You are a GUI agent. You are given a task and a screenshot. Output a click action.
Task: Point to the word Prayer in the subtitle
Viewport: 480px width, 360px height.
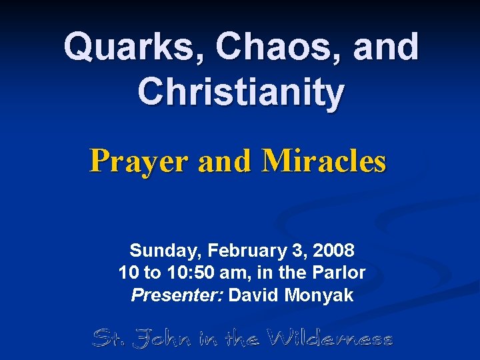(139, 161)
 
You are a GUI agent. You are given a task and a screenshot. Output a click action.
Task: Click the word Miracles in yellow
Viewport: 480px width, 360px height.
(324, 161)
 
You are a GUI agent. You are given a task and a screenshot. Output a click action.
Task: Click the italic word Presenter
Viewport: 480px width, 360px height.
(177, 295)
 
